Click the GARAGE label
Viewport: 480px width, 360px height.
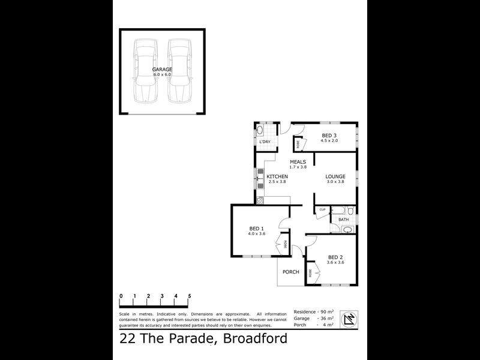pyautogui.click(x=162, y=70)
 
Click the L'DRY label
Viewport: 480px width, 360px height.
pyautogui.click(x=265, y=142)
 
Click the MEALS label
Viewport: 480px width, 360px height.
pyautogui.click(x=298, y=162)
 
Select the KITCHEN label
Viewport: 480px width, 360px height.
pyautogui.click(x=277, y=176)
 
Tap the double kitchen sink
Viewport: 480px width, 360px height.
pyautogui.click(x=259, y=176)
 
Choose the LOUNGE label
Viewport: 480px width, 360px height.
pyautogui.click(x=335, y=176)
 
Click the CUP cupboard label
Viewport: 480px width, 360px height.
pyautogui.click(x=322, y=209)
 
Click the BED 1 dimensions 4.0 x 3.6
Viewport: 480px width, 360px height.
pyautogui.click(x=256, y=234)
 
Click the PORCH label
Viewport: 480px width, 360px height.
pyautogui.click(x=290, y=272)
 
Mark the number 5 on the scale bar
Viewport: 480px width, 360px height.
pyautogui.click(x=190, y=296)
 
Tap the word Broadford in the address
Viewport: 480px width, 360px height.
pyautogui.click(x=255, y=339)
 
